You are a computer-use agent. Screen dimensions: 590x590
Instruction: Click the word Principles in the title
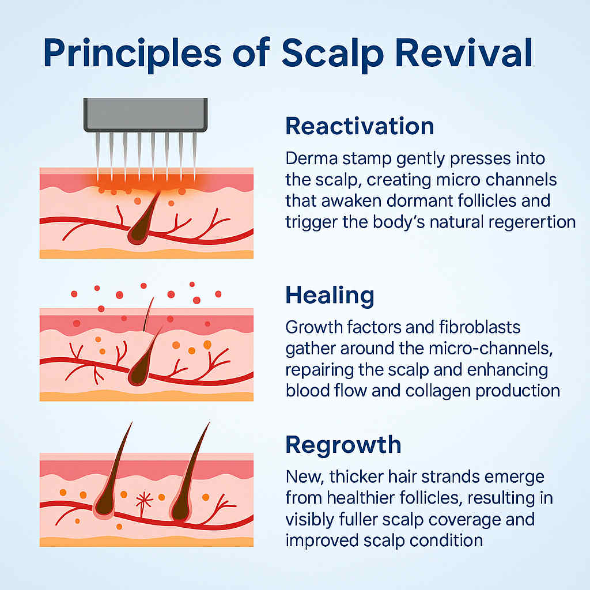(x=132, y=54)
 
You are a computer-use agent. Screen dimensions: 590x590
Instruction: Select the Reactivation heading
(x=360, y=126)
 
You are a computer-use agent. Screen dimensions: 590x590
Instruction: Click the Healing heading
(x=330, y=296)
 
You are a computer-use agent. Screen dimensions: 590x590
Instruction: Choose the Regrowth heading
(x=343, y=446)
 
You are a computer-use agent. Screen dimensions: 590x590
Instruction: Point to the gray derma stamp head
(x=145, y=115)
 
